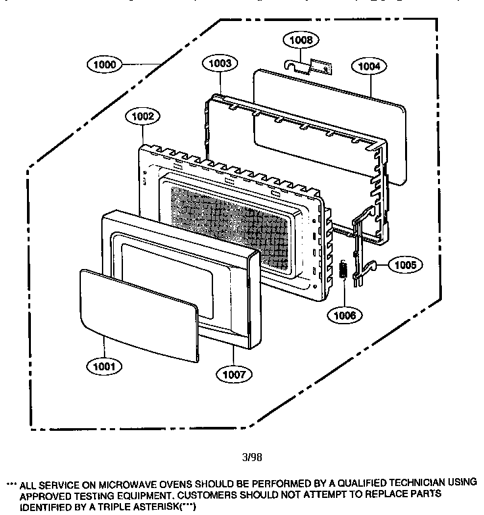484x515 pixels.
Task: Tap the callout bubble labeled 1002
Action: click(142, 116)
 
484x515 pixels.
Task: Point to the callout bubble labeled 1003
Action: click(220, 64)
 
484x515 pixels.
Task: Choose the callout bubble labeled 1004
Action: click(369, 66)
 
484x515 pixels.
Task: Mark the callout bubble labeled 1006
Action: click(345, 315)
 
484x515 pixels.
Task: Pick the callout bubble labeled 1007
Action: click(234, 374)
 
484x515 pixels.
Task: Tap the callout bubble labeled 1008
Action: click(302, 40)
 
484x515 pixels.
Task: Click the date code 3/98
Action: click(253, 454)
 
